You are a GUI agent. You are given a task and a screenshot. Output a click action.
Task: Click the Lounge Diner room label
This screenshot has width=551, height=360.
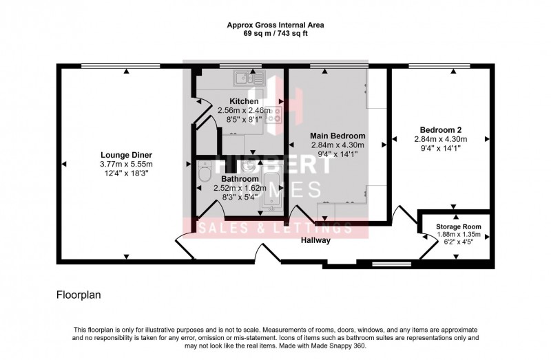coord(126,154)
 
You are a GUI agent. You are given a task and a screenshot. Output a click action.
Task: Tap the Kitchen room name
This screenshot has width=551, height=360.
coord(239,101)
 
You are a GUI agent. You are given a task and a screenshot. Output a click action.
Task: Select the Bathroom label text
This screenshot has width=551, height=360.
coord(240,178)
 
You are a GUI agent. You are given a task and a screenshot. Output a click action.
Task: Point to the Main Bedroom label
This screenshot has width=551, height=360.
coord(337,136)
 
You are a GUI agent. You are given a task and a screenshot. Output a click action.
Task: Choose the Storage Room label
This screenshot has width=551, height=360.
coord(458,226)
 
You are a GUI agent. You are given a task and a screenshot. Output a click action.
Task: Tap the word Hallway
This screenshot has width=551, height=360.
coord(316,241)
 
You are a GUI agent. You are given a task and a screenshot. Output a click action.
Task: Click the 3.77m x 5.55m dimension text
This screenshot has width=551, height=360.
coord(126,164)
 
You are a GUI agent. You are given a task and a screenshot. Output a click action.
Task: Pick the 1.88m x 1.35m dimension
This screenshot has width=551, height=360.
coord(458,235)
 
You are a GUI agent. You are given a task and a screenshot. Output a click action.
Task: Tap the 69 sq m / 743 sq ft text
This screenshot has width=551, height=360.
coord(275,33)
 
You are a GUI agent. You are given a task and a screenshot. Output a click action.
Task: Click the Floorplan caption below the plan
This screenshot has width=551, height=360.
coord(79,295)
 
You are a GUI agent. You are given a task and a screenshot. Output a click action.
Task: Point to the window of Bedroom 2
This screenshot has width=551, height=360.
coord(441,66)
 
